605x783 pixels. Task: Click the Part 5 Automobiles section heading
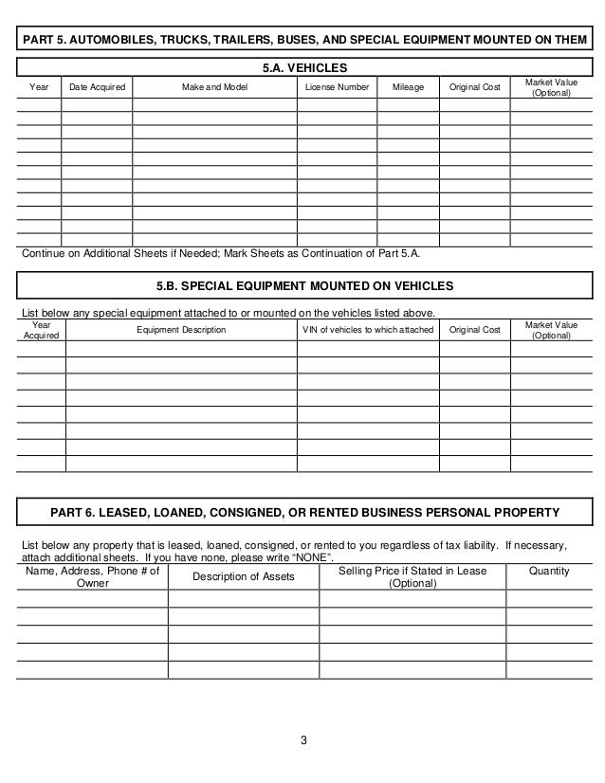tap(303, 40)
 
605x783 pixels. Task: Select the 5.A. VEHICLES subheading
tap(303, 68)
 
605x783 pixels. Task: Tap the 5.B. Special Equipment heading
tap(303, 285)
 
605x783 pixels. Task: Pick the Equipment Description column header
tap(181, 330)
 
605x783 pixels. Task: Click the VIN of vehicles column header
tap(367, 330)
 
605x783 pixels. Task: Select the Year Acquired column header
tap(41, 330)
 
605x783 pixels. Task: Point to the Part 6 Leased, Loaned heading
tap(303, 513)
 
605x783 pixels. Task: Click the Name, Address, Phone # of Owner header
tap(92, 577)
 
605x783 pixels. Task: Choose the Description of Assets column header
tap(243, 578)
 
